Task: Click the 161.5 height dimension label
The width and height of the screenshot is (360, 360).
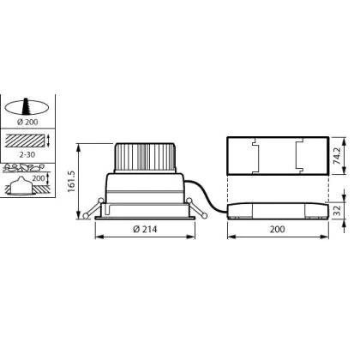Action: (x=71, y=182)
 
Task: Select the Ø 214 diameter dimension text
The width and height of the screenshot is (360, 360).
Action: (x=145, y=229)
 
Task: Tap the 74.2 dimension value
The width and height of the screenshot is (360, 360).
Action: (x=338, y=156)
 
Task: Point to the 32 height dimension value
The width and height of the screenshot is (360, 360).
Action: (x=338, y=210)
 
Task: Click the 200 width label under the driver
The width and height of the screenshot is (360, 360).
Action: (x=277, y=229)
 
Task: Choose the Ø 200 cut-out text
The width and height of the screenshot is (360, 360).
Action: (x=27, y=122)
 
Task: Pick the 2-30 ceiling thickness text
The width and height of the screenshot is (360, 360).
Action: (x=27, y=154)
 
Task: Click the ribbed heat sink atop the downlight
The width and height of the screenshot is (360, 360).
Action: (x=145, y=158)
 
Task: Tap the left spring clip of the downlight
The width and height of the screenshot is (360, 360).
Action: (x=93, y=208)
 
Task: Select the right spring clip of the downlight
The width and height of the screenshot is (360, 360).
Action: (x=196, y=208)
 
